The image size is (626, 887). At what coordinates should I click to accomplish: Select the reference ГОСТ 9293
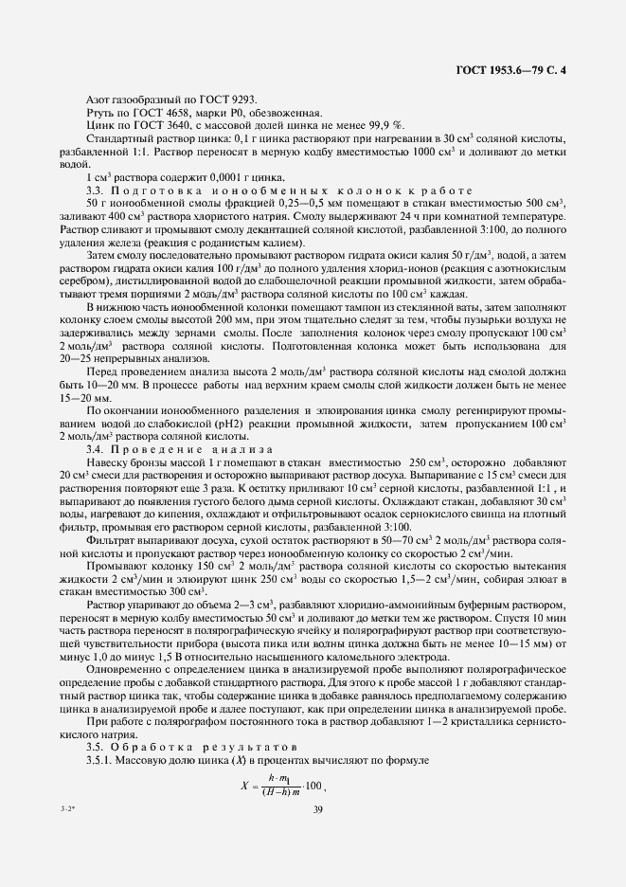(x=231, y=100)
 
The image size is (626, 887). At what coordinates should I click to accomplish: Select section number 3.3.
(x=95, y=190)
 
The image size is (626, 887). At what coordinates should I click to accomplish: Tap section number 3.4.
(x=95, y=448)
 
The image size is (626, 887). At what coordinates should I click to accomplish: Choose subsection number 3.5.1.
(x=101, y=762)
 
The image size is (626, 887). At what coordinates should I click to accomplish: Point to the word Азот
(x=99, y=100)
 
